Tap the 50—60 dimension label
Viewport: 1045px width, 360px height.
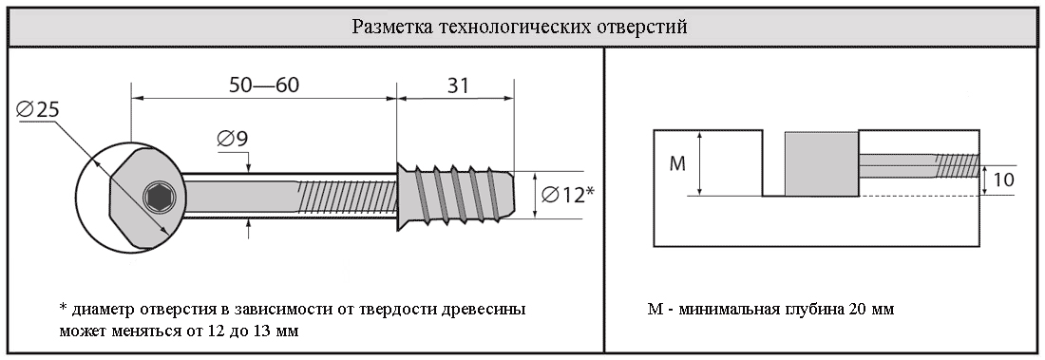pyautogui.click(x=264, y=85)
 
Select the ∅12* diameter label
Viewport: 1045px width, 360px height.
pyautogui.click(x=567, y=195)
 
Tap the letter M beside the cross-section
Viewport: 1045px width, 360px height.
pyautogui.click(x=677, y=164)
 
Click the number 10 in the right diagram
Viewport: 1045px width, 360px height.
pyautogui.click(x=1003, y=180)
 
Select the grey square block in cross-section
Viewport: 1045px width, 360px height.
pyautogui.click(x=821, y=164)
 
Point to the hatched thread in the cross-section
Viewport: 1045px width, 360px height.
pyautogui.click(x=957, y=166)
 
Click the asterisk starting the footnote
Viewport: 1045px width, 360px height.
pyautogui.click(x=64, y=309)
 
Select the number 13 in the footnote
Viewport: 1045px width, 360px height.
pyautogui.click(x=265, y=331)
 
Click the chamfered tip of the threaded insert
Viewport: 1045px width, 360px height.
pyautogui.click(x=508, y=194)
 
